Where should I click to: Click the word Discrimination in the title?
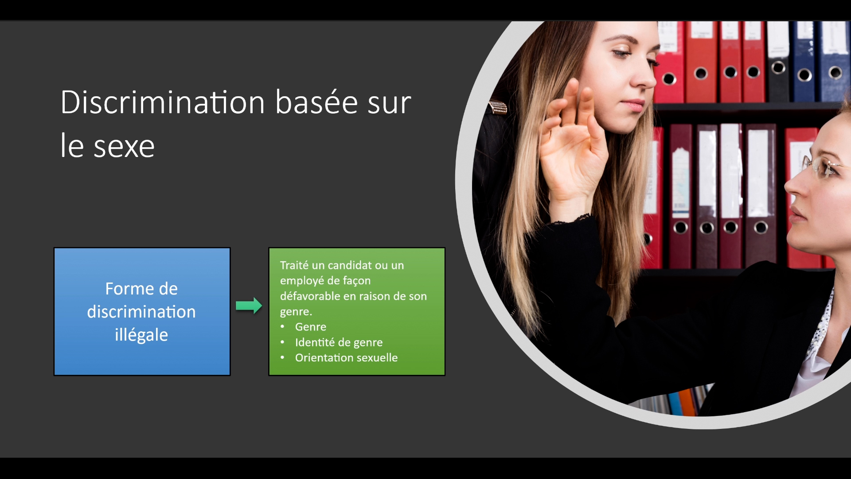point(163,102)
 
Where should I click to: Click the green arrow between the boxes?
point(249,306)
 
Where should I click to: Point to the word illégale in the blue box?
point(141,335)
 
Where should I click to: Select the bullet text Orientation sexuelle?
point(346,357)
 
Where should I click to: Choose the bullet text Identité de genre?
point(339,342)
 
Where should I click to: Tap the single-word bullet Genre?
point(311,327)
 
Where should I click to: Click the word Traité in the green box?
point(294,265)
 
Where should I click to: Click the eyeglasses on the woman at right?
point(823,166)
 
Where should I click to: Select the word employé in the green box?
point(301,281)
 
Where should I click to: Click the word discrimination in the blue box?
point(141,312)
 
